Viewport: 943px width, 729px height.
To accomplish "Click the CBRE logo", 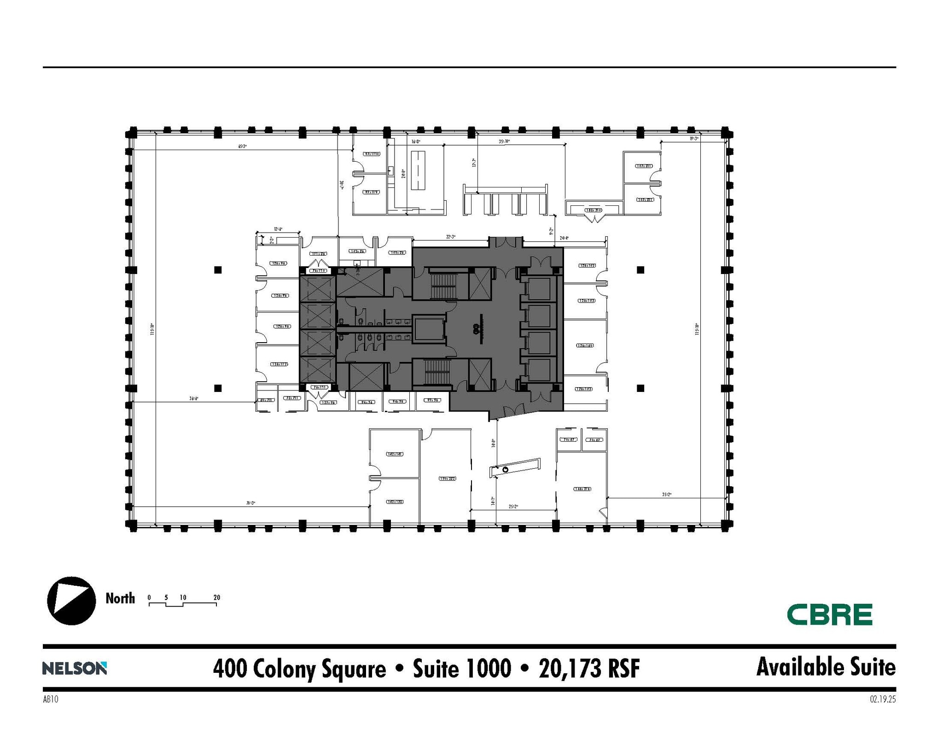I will tap(829, 615).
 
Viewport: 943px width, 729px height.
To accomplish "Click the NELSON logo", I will tap(75, 668).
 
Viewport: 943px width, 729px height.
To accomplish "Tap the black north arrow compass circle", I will tap(71, 601).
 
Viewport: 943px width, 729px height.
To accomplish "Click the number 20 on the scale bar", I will tap(217, 598).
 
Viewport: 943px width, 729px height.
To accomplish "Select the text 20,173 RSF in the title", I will tap(589, 669).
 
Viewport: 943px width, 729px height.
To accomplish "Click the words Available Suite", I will tap(826, 667).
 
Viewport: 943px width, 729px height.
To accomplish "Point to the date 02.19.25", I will tap(883, 699).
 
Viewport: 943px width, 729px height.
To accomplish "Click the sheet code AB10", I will tap(51, 699).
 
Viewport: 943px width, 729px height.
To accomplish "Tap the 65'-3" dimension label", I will tap(243, 146).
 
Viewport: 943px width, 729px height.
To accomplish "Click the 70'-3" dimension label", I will tap(250, 503).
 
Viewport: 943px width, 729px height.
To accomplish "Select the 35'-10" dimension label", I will tap(504, 141).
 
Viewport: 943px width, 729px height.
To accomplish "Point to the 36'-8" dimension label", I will tap(194, 399).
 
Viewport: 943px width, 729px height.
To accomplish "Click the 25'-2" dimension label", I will tap(513, 507).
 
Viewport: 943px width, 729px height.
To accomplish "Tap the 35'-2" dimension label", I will tap(667, 495).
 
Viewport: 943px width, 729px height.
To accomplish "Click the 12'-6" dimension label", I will tap(278, 229).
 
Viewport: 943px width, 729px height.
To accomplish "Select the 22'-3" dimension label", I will tap(450, 237).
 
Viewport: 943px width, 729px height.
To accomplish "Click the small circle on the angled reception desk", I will tap(505, 469).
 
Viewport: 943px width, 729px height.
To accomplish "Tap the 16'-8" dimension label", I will tap(416, 141).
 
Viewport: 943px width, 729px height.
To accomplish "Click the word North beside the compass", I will tap(120, 598).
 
